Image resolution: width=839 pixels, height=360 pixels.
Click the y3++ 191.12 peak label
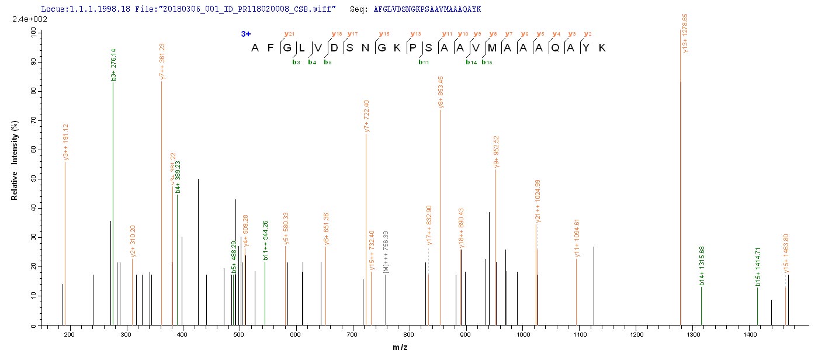pos(65,142)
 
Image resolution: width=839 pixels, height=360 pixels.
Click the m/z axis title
pos(400,348)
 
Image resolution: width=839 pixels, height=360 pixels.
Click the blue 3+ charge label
pos(245,34)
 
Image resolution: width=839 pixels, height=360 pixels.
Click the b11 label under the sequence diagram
pos(419,62)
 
